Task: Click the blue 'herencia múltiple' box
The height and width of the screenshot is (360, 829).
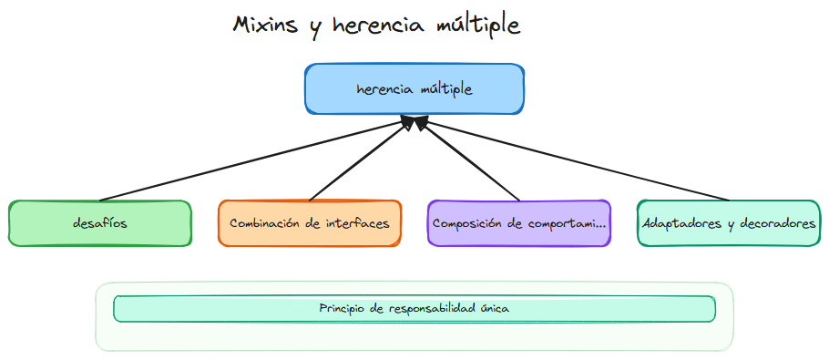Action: (x=414, y=88)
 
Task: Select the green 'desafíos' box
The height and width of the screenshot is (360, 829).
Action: (x=99, y=223)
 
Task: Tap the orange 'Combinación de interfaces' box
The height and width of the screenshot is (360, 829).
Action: (x=310, y=223)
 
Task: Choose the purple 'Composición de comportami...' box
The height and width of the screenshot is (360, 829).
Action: (x=519, y=223)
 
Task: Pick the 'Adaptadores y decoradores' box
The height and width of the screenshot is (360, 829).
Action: (x=729, y=223)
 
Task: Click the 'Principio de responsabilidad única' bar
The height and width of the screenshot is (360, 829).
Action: (x=414, y=309)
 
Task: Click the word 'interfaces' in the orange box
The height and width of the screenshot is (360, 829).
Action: (x=358, y=223)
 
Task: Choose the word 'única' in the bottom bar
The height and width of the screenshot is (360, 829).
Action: (x=494, y=309)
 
